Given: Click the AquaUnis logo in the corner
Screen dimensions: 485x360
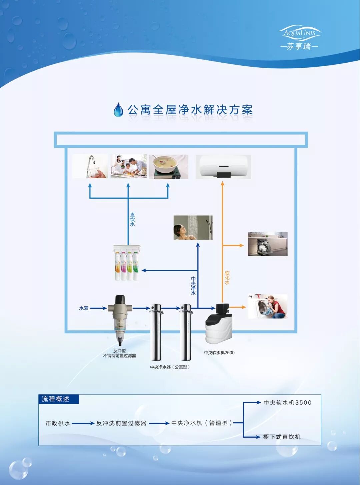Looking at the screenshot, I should [299, 37].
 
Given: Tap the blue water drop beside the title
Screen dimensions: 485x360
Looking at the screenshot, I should [118, 110].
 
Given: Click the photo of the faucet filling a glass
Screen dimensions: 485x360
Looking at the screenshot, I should [90, 166].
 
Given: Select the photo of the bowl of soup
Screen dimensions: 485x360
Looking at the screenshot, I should [168, 166].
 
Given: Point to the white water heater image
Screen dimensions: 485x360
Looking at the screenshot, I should [223, 167].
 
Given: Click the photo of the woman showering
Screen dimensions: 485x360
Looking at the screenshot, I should [193, 228].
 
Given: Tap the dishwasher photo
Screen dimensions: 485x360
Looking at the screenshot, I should [268, 244].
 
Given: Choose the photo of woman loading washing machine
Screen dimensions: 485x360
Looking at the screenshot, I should [267, 306].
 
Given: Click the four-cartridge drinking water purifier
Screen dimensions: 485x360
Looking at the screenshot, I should [127, 263].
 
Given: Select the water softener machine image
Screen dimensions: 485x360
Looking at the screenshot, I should [219, 324].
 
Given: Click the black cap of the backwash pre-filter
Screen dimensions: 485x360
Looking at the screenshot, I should [119, 299].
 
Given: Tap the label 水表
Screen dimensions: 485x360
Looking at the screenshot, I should [84, 308].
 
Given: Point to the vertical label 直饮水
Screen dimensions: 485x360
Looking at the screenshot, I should [132, 220].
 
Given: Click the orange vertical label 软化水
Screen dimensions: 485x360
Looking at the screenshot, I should [227, 278].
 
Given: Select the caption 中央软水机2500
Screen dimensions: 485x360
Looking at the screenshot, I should [219, 353].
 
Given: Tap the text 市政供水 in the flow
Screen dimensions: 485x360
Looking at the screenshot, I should [58, 423].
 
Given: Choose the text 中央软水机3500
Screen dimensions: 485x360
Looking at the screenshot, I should [287, 403].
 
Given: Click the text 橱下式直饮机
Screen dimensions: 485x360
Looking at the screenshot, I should [282, 437].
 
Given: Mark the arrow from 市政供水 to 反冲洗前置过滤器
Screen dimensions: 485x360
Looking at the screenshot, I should [83, 423].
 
